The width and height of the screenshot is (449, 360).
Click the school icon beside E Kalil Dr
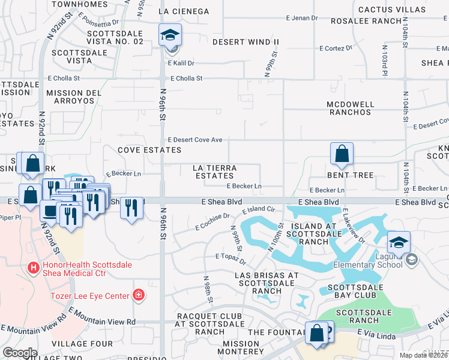(x=170, y=35)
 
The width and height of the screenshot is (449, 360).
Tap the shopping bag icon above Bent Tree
(x=342, y=154)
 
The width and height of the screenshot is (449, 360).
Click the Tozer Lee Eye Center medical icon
(x=139, y=295)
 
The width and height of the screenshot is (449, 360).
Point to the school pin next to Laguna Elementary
(x=399, y=243)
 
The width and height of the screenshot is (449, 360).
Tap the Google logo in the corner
(x=20, y=353)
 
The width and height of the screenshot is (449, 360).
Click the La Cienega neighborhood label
(x=184, y=11)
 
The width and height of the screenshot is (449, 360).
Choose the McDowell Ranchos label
(x=350, y=109)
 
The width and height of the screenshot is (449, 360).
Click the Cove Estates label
(x=141, y=149)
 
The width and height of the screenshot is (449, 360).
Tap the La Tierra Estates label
(x=214, y=172)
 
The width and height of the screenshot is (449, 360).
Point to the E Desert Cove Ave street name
(x=194, y=140)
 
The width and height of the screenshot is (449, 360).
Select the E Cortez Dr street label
(x=337, y=48)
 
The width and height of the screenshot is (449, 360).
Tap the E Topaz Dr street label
(x=231, y=259)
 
